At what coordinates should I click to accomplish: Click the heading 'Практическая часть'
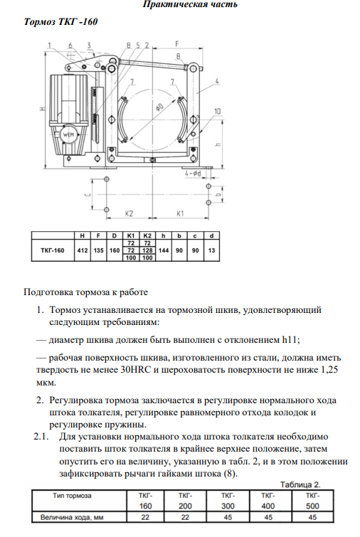click(190, 4)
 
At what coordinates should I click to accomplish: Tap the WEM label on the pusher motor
click(68, 134)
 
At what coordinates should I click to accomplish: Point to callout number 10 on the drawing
click(217, 111)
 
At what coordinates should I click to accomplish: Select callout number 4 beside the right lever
click(217, 81)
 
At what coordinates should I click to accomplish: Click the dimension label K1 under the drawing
click(180, 213)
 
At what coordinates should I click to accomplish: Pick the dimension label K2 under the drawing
click(129, 213)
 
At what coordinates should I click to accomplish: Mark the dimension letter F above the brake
click(177, 44)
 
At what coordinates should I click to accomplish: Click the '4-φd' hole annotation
click(193, 174)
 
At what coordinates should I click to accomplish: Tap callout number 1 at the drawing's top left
click(49, 46)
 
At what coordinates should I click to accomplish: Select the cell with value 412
click(83, 250)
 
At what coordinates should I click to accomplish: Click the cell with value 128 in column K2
click(147, 250)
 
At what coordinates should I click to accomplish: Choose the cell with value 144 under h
click(164, 250)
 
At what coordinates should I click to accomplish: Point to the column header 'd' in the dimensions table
click(211, 235)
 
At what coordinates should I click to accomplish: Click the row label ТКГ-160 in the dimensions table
click(53, 250)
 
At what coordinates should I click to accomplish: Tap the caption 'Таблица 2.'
click(300, 484)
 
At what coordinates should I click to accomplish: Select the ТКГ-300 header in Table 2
click(228, 501)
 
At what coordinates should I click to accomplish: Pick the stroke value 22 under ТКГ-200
click(185, 517)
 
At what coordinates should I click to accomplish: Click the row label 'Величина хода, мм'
click(72, 517)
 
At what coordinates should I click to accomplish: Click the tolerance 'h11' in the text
click(290, 340)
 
